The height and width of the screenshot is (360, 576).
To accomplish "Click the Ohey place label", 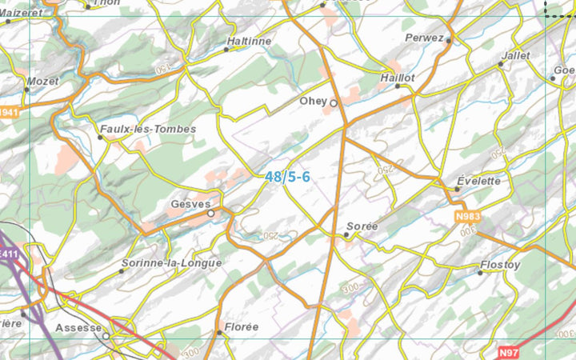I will (314, 102).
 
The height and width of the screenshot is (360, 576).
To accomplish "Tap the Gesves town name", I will (189, 205).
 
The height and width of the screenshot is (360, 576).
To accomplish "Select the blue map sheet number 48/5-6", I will (287, 177).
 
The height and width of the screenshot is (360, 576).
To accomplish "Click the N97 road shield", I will (509, 352).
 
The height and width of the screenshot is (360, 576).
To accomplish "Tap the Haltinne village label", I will (249, 41).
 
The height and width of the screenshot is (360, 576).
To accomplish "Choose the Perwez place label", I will (424, 38).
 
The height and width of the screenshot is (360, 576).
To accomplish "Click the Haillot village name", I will (397, 78).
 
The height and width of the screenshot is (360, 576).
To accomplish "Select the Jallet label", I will (514, 56).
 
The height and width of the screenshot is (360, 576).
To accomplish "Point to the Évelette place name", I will (478, 181).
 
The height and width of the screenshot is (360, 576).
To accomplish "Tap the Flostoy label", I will (500, 265).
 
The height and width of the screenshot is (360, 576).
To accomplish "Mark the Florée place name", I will (241, 326).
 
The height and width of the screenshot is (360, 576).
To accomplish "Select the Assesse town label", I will (78, 328).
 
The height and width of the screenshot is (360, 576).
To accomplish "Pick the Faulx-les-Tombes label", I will (147, 129).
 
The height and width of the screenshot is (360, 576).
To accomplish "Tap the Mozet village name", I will (42, 82).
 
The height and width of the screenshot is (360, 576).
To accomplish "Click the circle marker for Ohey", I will (334, 102).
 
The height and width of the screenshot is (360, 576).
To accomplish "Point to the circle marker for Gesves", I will (211, 214).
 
